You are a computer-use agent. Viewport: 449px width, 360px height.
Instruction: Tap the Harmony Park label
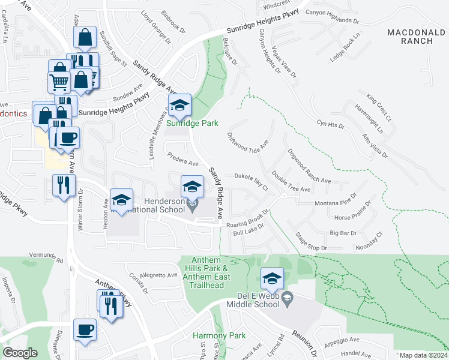point(211,335)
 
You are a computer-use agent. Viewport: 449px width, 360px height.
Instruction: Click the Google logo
point(20,352)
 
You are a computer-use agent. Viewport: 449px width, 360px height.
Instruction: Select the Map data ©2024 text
point(423,355)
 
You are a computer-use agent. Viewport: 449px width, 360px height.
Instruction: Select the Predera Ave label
point(183,159)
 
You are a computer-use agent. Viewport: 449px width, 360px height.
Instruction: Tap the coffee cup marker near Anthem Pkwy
point(85,329)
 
